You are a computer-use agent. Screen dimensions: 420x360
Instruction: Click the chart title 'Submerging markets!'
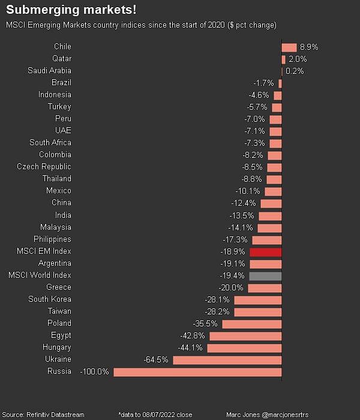[71, 10]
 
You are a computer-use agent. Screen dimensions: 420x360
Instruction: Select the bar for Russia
[197, 372]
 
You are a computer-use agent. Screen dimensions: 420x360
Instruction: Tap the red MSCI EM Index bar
[265, 251]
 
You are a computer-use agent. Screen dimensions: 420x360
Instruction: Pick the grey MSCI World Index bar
[265, 275]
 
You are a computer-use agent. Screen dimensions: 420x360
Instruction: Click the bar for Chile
[289, 47]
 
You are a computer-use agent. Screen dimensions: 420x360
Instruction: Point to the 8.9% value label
[309, 47]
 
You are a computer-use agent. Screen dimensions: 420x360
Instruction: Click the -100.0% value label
[95, 372]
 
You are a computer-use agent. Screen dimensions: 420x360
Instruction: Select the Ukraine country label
[58, 359]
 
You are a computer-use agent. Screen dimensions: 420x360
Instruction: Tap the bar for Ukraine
[227, 360]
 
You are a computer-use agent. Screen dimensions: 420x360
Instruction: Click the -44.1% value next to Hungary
[190, 348]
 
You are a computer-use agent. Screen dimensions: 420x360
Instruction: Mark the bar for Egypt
[245, 336]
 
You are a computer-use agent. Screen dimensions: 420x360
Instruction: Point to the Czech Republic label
[44, 167]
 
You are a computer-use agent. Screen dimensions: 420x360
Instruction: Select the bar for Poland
[252, 324]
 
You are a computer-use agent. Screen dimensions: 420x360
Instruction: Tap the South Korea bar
[257, 300]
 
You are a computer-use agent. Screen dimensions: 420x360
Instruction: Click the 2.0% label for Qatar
[298, 59]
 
